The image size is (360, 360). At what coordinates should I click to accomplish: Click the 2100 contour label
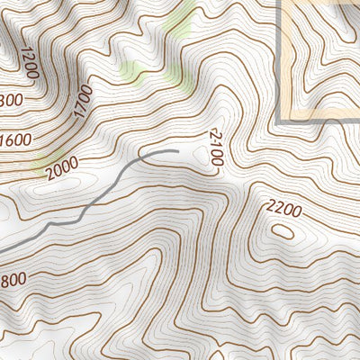[213, 147]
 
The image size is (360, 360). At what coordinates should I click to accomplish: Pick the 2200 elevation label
[283, 208]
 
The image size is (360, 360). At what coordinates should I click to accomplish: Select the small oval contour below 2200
[282, 230]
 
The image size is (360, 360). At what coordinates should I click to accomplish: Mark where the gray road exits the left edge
[2, 250]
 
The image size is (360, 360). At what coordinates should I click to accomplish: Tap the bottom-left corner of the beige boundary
[281, 119]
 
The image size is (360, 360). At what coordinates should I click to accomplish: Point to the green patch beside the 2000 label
[40, 165]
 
